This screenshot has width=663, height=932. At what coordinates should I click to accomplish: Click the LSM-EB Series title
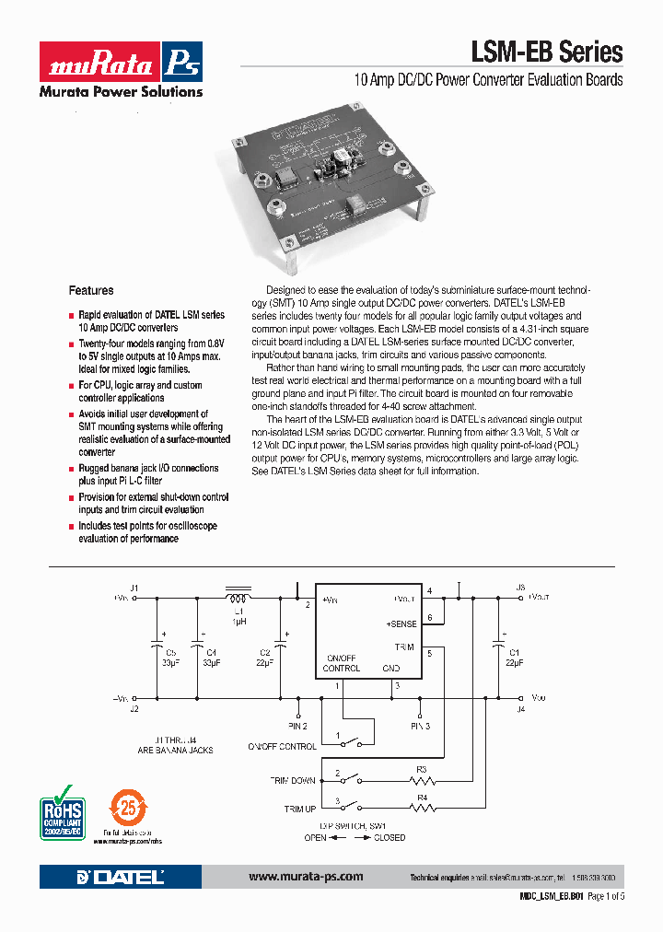[547, 52]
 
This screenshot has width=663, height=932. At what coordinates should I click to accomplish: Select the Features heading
[91, 290]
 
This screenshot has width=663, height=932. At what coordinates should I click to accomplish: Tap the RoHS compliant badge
[62, 810]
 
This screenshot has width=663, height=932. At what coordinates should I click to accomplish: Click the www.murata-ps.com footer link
[306, 877]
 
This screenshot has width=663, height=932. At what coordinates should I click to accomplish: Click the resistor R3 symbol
[423, 780]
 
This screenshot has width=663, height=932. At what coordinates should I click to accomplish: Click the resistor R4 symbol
[423, 809]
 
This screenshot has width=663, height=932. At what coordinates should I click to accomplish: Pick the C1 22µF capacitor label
[514, 657]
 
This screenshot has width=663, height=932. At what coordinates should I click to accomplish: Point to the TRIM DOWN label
[292, 781]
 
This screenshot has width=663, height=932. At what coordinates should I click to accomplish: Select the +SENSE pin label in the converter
[401, 623]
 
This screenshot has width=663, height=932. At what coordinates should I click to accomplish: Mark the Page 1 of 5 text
[606, 896]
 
